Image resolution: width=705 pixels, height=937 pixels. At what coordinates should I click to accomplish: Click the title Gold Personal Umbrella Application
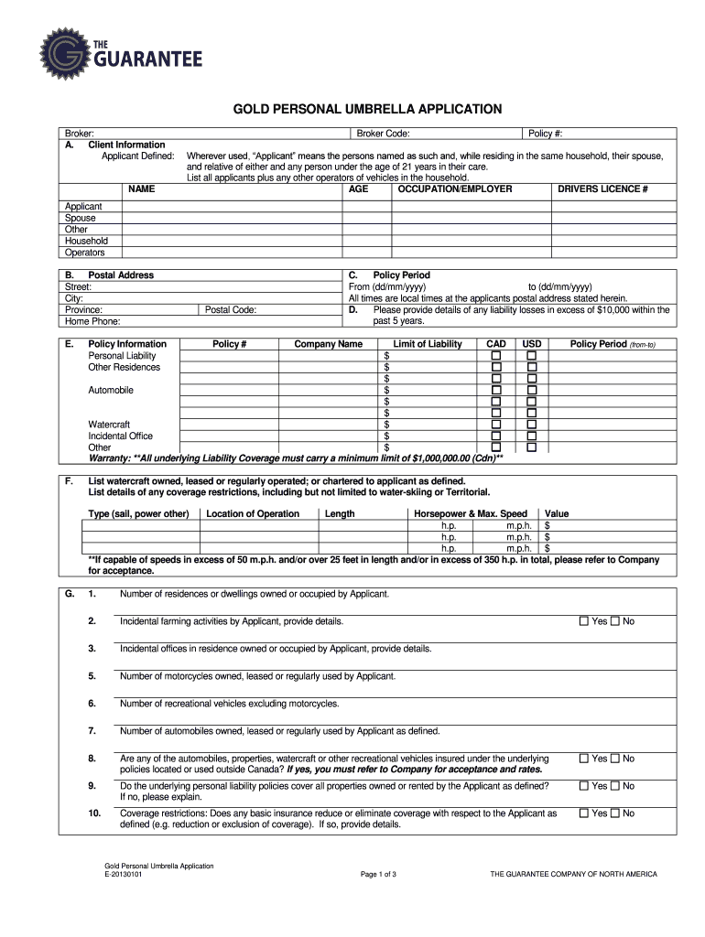coord(352,109)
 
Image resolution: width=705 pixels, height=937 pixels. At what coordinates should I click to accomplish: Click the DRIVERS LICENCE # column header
coord(602,189)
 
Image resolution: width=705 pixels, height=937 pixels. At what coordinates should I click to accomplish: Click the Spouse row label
coord(81,219)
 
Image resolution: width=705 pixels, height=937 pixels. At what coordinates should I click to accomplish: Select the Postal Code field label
coord(230,310)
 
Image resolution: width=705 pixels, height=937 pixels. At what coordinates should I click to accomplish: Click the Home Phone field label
coord(92,322)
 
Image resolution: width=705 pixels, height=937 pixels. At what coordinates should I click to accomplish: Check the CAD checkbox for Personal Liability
coord(496,355)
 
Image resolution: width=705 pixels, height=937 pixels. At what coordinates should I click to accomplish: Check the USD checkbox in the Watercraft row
coord(531,425)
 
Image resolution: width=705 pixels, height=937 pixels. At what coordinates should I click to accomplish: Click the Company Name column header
coord(328,344)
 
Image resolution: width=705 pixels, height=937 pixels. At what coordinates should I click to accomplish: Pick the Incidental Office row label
coord(120,436)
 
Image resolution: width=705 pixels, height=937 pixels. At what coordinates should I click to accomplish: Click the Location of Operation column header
coord(253,513)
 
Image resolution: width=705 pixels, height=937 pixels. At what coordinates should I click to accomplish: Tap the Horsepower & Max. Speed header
coord(471,513)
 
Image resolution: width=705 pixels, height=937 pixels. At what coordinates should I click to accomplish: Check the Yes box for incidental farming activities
coord(583,621)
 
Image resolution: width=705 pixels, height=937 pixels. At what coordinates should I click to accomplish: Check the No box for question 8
coord(615,759)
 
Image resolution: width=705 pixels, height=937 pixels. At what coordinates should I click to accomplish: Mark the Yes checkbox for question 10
coord(583,813)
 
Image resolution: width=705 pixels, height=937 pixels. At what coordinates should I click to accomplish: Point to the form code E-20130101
coord(123,875)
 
